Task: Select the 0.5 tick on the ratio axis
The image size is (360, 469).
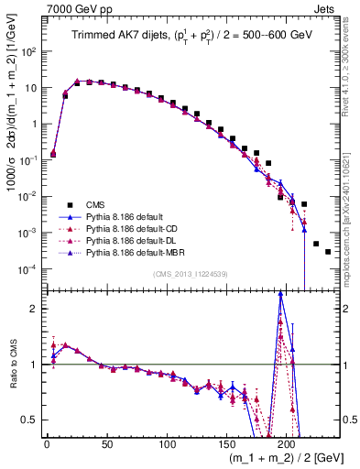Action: pyautogui.click(x=31, y=420)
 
